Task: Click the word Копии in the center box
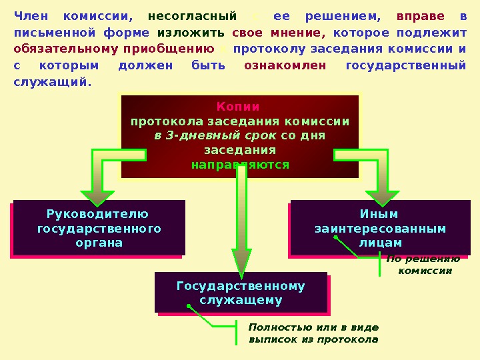click(238, 107)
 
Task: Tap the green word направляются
click(240, 165)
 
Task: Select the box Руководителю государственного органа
click(99, 228)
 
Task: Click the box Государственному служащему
click(241, 293)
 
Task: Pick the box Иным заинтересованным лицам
click(380, 228)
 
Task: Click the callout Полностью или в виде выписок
click(313, 333)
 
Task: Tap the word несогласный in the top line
click(192, 16)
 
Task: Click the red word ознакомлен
click(285, 65)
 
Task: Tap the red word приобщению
click(177, 49)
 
